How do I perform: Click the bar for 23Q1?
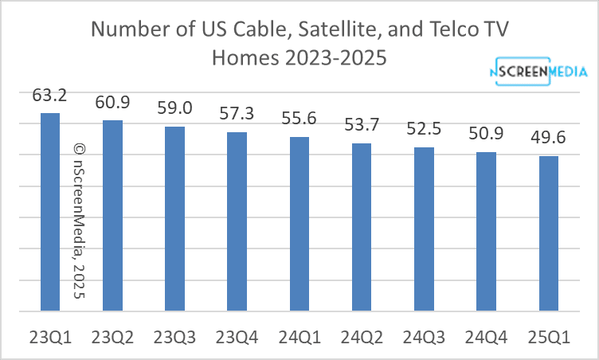(x=50, y=211)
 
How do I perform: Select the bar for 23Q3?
(x=174, y=217)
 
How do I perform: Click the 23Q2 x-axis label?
(x=112, y=335)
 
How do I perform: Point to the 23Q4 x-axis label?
(x=237, y=335)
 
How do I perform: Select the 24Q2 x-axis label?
(x=362, y=335)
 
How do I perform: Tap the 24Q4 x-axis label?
(x=487, y=335)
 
